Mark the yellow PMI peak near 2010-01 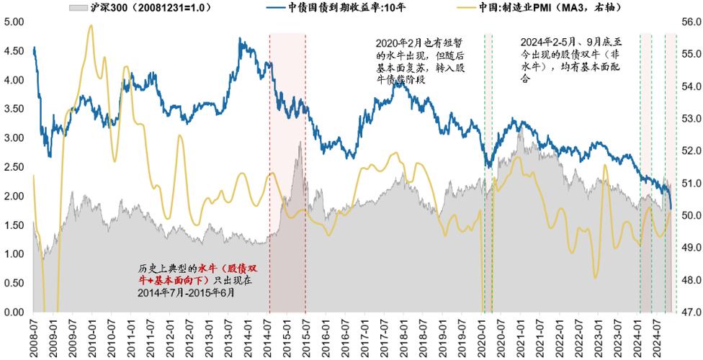[90, 26]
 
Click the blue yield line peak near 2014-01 [242, 40]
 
